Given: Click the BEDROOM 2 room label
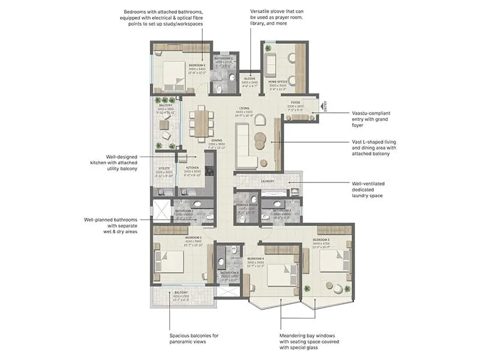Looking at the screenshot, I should click(197, 65).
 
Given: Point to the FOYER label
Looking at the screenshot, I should click(295, 103).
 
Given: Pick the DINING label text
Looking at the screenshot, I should click(217, 140).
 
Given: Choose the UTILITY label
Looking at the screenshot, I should click(163, 168).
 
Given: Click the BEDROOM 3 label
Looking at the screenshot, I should click(320, 239).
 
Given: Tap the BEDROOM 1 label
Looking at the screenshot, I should click(193, 237).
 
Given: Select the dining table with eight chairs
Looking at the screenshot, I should click(197, 123).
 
